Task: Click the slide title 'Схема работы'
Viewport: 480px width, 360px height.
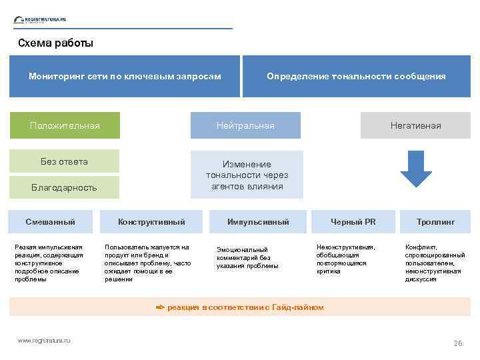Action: (55, 43)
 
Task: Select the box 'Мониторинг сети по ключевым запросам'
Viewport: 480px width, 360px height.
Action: (125, 77)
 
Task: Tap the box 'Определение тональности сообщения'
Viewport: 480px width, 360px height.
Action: (356, 77)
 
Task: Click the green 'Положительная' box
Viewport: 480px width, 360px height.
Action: (65, 125)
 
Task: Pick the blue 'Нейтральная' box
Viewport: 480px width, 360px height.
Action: (245, 125)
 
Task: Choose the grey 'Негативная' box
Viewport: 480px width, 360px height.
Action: (415, 125)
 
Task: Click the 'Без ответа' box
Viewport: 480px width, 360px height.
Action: (64, 161)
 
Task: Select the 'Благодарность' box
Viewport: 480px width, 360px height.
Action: (64, 187)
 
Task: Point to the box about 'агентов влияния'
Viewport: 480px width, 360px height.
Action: (247, 175)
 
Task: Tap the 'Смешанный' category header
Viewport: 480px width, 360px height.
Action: (50, 221)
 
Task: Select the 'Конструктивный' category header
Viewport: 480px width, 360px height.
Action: (151, 221)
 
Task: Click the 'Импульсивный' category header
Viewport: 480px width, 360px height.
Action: (258, 221)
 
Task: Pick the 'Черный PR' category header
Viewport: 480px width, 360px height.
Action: (353, 221)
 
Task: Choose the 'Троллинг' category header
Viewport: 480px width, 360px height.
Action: (435, 221)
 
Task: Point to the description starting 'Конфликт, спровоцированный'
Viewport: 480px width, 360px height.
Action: (435, 263)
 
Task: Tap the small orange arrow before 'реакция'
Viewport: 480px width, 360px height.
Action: (159, 307)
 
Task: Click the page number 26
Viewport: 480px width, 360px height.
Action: (457, 343)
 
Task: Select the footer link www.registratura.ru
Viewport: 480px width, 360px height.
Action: (44, 341)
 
